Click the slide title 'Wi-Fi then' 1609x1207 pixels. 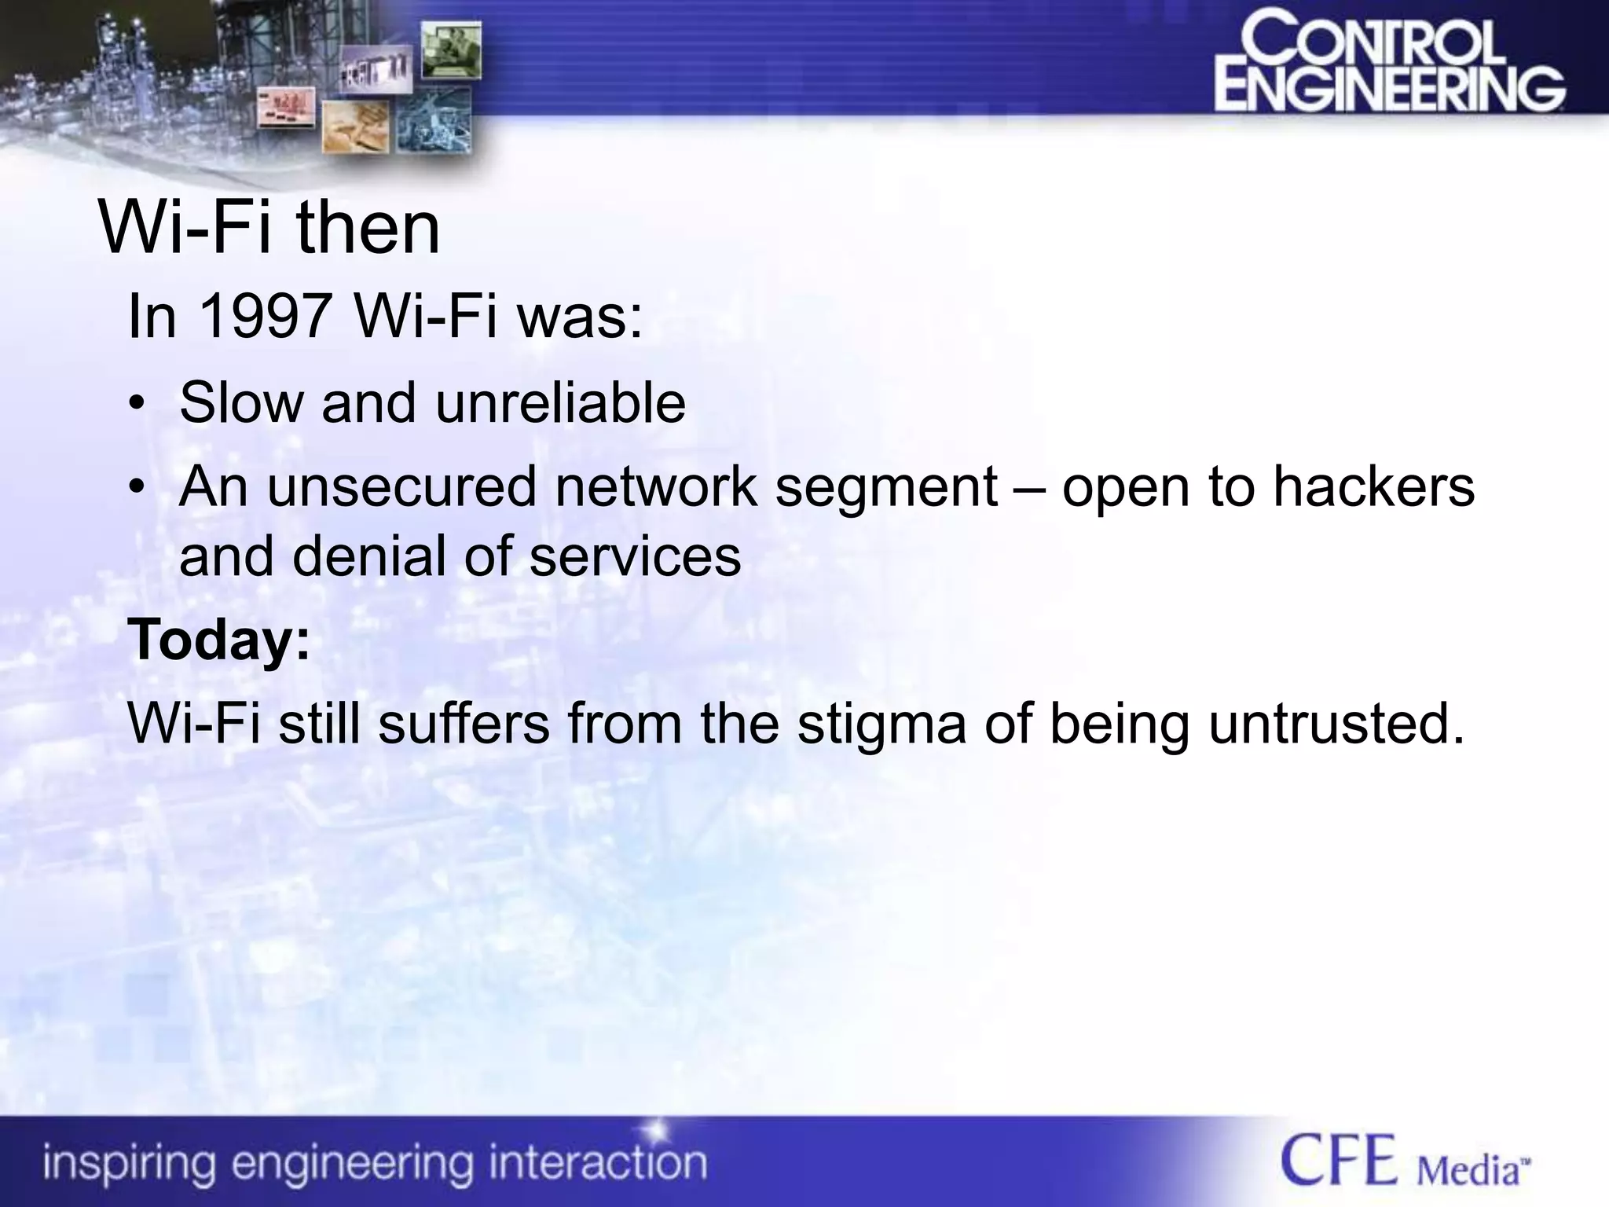pyautogui.click(x=269, y=228)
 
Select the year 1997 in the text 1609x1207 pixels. pyautogui.click(x=263, y=316)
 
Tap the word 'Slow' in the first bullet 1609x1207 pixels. pyautogui.click(x=241, y=403)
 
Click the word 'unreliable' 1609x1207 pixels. pyautogui.click(x=560, y=403)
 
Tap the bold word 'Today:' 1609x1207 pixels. pyautogui.click(x=219, y=640)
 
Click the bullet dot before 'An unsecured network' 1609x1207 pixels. pyautogui.click(x=137, y=490)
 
